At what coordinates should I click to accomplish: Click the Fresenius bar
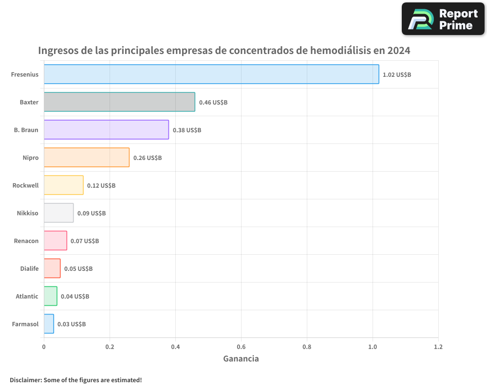click(x=211, y=74)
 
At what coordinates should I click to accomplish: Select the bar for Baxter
click(x=119, y=102)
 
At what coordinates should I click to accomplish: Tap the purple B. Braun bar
click(x=106, y=130)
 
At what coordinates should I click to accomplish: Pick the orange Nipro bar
click(x=87, y=158)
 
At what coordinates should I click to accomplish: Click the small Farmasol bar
click(x=49, y=324)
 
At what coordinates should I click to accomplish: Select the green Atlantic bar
click(x=51, y=296)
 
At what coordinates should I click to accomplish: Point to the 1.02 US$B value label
click(x=397, y=75)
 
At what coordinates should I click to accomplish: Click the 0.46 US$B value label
click(x=213, y=103)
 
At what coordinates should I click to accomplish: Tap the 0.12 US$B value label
click(x=101, y=186)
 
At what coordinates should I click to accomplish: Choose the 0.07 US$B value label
click(x=85, y=241)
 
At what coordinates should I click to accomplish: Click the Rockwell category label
click(x=25, y=185)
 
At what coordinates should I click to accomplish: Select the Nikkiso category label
click(x=27, y=213)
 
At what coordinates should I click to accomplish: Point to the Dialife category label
click(x=29, y=268)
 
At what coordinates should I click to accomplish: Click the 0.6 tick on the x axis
click(x=241, y=347)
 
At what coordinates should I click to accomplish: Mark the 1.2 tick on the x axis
click(x=438, y=347)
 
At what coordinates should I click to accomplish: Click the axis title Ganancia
click(x=241, y=359)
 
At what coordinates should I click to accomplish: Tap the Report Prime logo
click(x=443, y=19)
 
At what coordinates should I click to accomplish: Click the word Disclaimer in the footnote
click(x=25, y=380)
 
